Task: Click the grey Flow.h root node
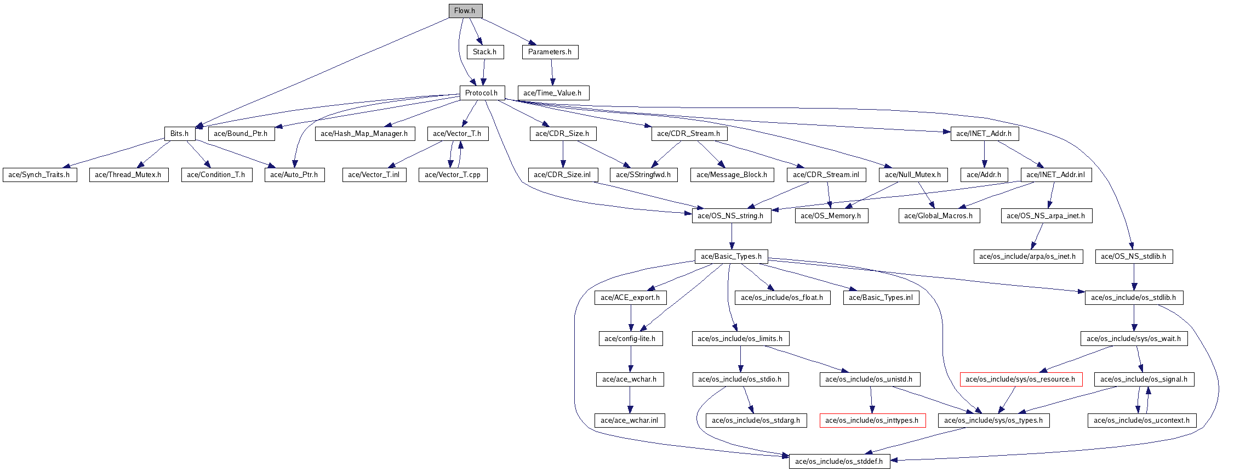point(465,10)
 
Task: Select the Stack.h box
point(485,52)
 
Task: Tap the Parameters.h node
point(550,52)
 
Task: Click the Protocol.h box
point(482,93)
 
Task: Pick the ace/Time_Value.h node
point(552,93)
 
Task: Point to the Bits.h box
point(179,134)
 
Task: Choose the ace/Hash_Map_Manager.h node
point(364,134)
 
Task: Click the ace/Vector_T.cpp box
point(453,175)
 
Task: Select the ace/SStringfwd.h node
point(643,175)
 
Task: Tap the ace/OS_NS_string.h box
point(730,216)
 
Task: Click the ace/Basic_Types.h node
point(731,257)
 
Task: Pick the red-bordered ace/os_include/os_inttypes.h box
point(872,421)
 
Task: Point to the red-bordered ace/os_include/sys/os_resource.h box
point(1020,379)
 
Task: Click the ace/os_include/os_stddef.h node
point(839,462)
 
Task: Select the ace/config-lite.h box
point(630,339)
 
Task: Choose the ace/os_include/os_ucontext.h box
point(1142,421)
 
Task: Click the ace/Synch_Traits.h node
point(39,175)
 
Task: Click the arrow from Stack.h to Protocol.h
point(484,72)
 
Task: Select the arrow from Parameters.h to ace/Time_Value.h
point(552,72)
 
